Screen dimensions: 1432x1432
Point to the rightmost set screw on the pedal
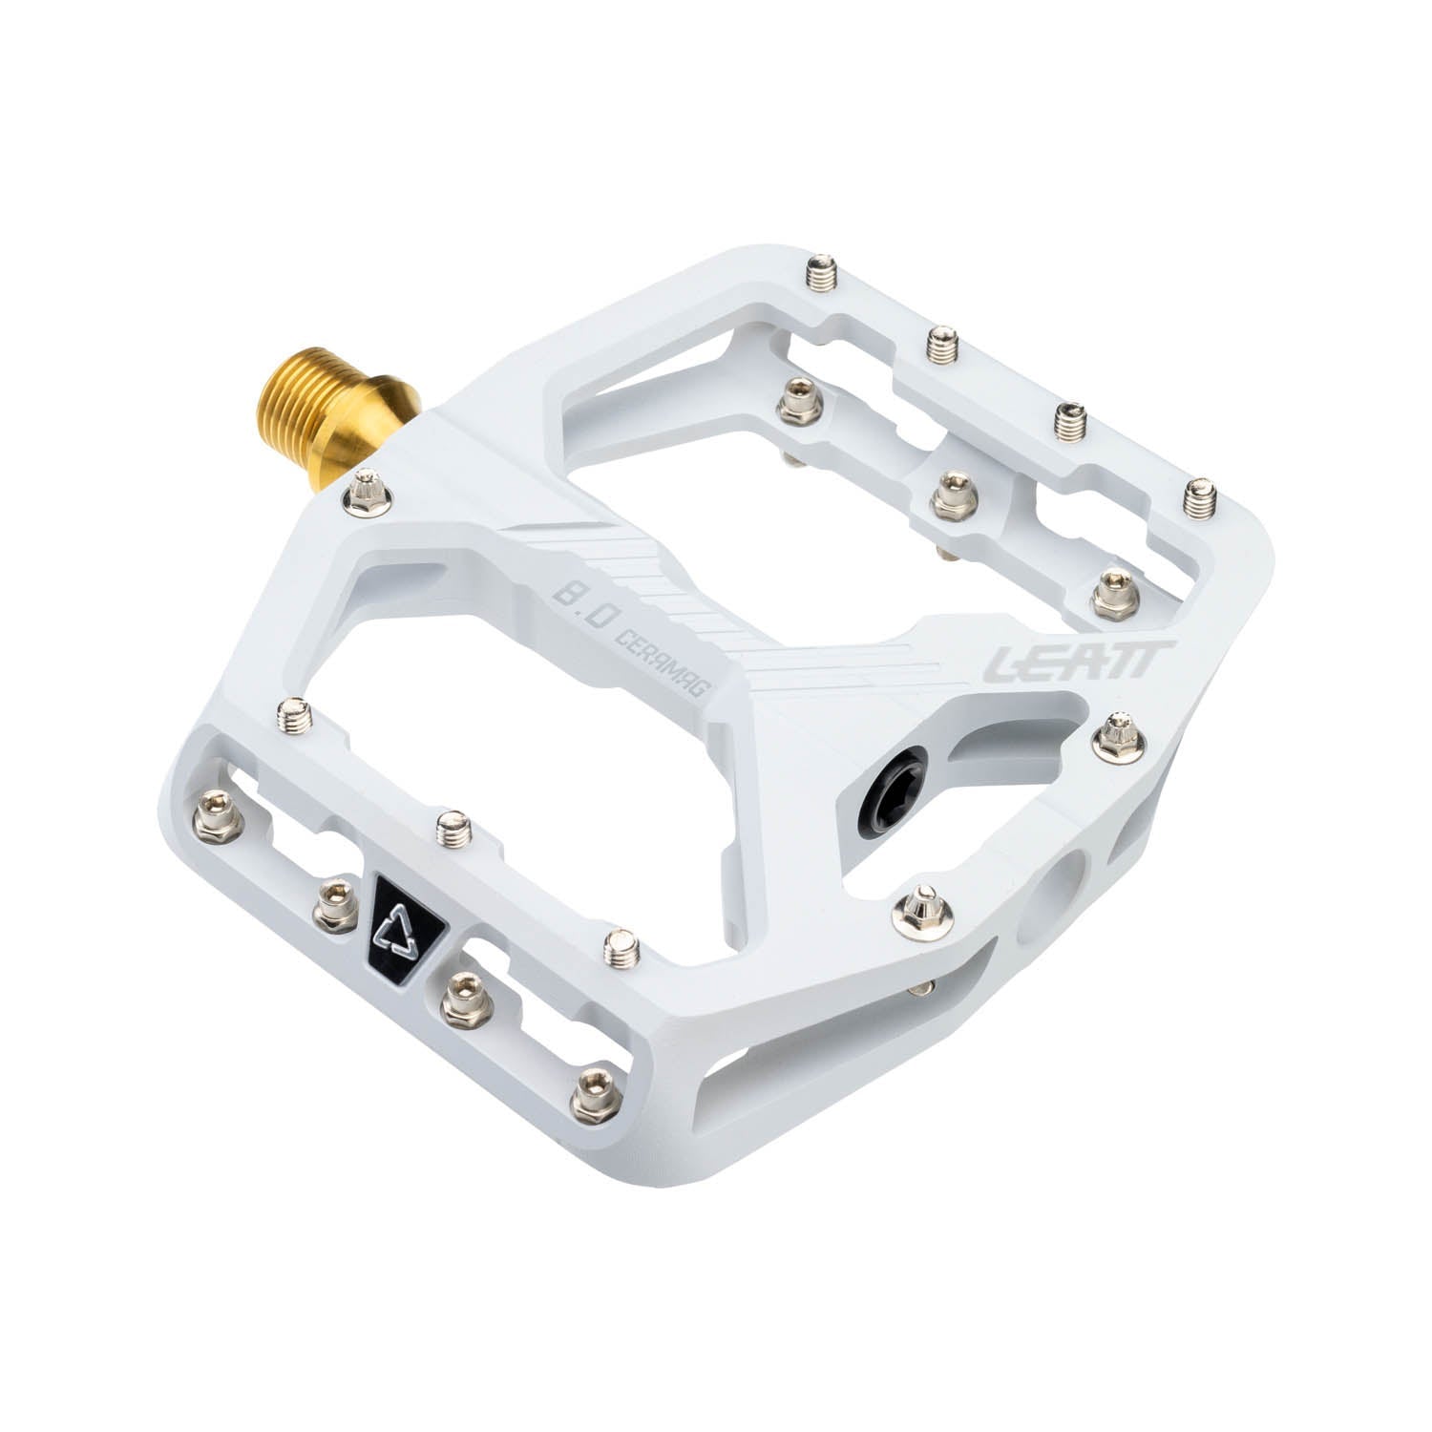pos(1197,495)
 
